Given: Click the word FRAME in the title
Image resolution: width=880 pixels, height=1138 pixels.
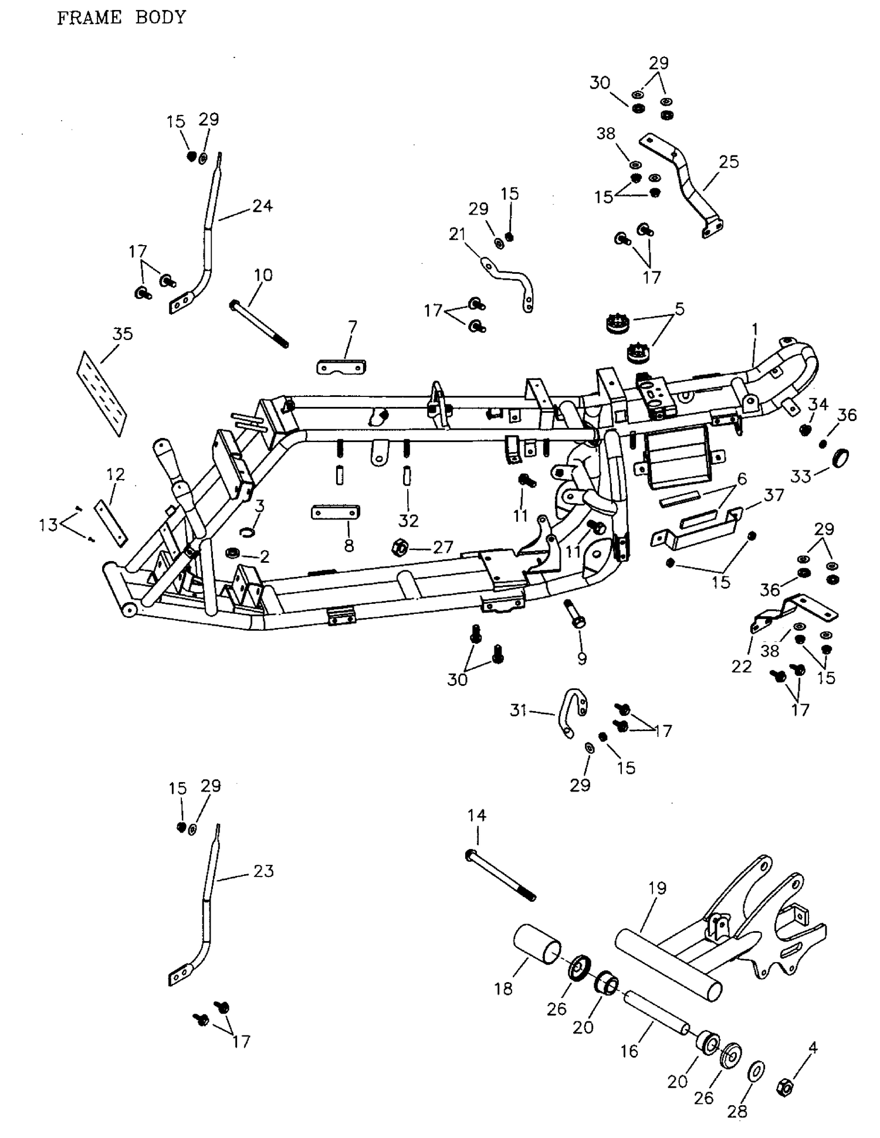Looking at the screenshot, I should [89, 18].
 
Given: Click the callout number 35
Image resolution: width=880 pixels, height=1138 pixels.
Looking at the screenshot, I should [123, 334].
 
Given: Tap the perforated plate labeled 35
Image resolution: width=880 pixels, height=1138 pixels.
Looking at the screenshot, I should [102, 393].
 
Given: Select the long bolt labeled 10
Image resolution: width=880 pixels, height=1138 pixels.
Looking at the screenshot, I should [259, 323].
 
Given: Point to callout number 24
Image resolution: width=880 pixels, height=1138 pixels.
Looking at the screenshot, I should [262, 206].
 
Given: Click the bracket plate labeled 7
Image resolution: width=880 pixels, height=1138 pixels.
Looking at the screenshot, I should [341, 367].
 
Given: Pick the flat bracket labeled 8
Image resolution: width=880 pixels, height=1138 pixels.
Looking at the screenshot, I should [335, 512].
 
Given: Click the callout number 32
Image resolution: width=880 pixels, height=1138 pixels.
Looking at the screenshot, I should [408, 520].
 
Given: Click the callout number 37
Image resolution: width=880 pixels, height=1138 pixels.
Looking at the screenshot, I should [774, 495].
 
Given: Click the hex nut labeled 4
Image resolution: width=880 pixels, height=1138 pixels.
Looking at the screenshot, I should [784, 1087].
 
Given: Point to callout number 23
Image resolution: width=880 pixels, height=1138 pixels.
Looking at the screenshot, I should [263, 871].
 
